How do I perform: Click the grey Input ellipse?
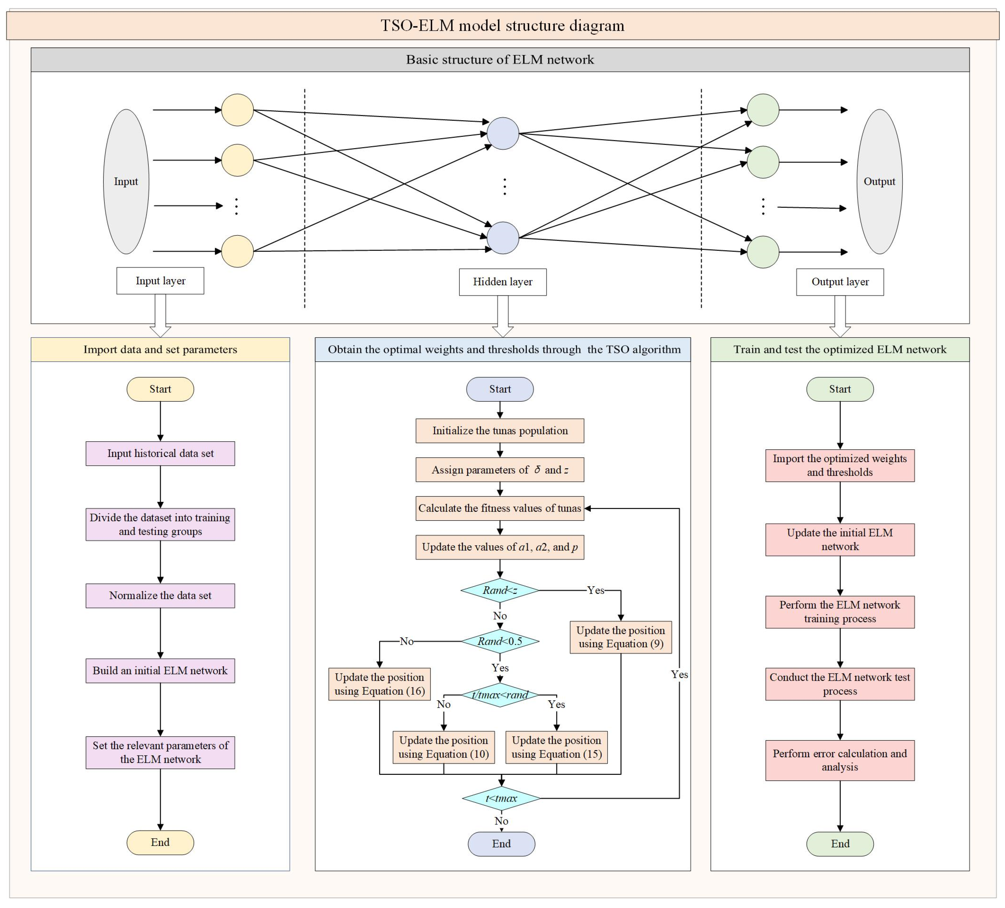[x=126, y=181]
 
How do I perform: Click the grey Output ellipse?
[x=879, y=181]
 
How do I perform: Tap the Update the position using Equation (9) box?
[x=621, y=637]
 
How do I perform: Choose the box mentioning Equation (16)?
[x=379, y=684]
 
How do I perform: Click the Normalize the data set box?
[x=160, y=596]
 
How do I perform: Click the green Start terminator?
[x=840, y=389]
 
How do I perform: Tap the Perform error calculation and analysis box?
[x=840, y=760]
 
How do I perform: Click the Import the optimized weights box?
[x=840, y=466]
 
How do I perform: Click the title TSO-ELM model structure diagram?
[x=503, y=26]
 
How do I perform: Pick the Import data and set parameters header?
[x=160, y=349]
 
